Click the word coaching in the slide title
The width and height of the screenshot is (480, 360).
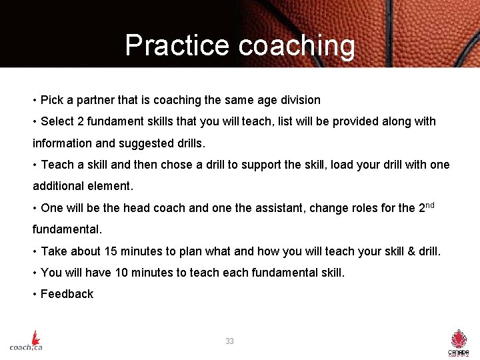(x=297, y=45)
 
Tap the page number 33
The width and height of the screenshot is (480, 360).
(x=229, y=341)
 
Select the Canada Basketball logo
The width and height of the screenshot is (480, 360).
(x=459, y=342)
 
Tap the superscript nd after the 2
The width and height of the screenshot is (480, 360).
(x=430, y=205)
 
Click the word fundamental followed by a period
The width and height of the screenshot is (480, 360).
(x=67, y=229)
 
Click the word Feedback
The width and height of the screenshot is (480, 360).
(x=67, y=294)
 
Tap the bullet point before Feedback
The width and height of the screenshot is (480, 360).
(x=34, y=294)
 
